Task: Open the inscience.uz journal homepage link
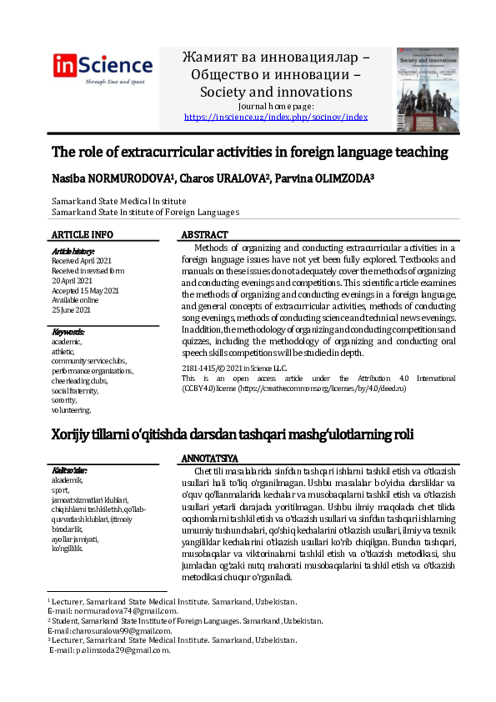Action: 275,118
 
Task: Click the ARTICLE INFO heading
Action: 83,235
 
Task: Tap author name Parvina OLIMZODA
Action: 326,179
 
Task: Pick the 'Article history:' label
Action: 73,251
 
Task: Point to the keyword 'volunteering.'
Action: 72,410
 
